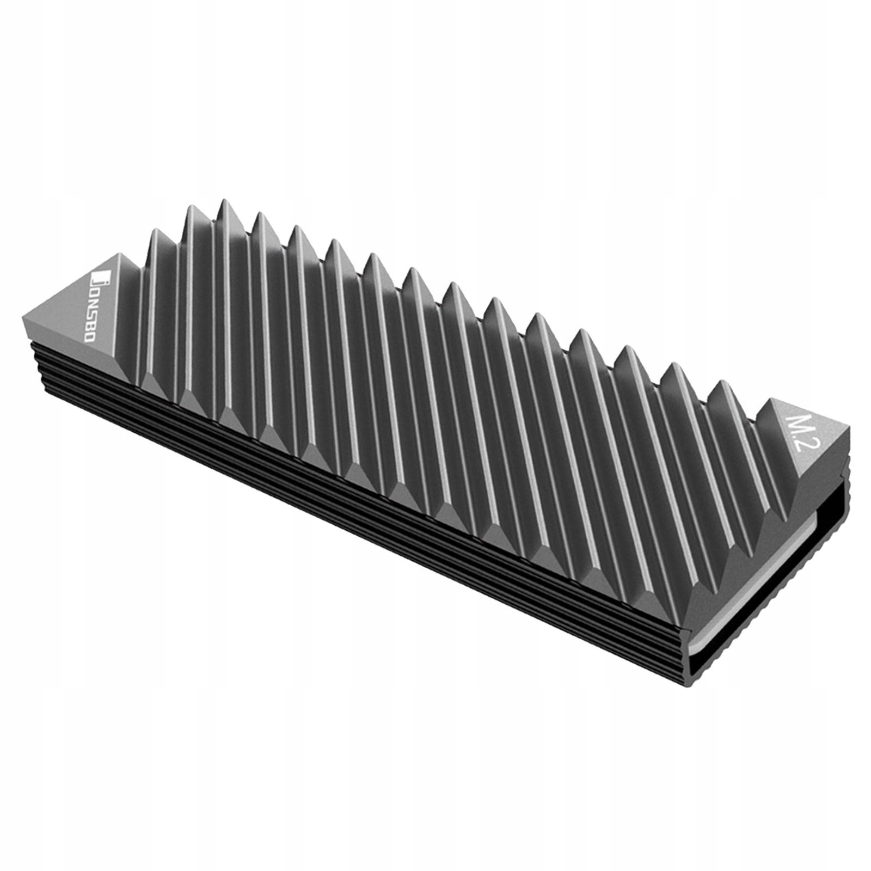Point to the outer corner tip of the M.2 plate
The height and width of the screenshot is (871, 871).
point(848,430)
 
